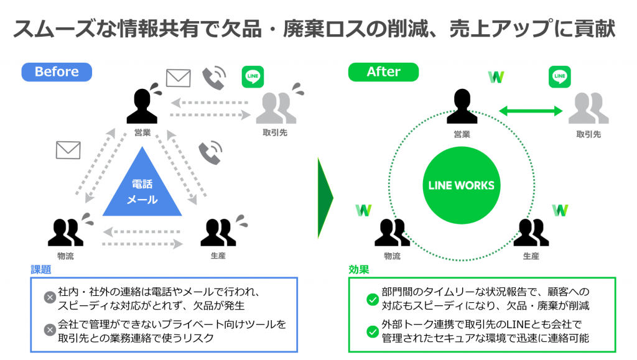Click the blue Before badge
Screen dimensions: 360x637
(57, 72)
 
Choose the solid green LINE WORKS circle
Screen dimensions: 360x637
(462, 185)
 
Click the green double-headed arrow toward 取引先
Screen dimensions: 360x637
(531, 111)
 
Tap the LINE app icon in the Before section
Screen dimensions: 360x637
(253, 77)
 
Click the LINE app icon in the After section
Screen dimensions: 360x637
(559, 77)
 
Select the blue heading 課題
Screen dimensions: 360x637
(41, 270)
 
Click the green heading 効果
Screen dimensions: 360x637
(358, 270)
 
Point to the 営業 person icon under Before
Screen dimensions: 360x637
(142, 106)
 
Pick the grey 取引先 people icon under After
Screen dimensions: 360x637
(588, 107)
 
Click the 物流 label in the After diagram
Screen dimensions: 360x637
(392, 256)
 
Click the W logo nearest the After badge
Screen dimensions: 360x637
(496, 77)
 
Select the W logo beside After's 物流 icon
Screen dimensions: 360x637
(363, 210)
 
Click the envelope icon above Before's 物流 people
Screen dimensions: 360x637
(68, 150)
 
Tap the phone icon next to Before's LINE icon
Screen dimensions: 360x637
(214, 78)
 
